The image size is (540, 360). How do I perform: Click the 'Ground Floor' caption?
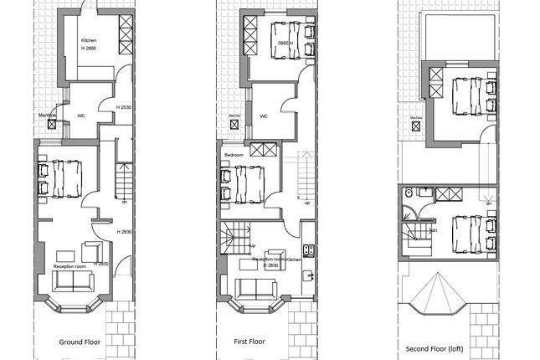coord(81,342)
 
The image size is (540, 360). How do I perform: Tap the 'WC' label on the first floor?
coord(262,116)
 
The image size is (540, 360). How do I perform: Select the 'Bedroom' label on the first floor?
coord(234,156)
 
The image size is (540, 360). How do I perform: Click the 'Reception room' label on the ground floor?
coord(70,266)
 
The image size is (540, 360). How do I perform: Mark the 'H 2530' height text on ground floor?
coord(123,107)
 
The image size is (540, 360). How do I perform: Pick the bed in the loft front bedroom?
coord(465,231)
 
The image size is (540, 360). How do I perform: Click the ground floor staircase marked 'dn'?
coord(123,180)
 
